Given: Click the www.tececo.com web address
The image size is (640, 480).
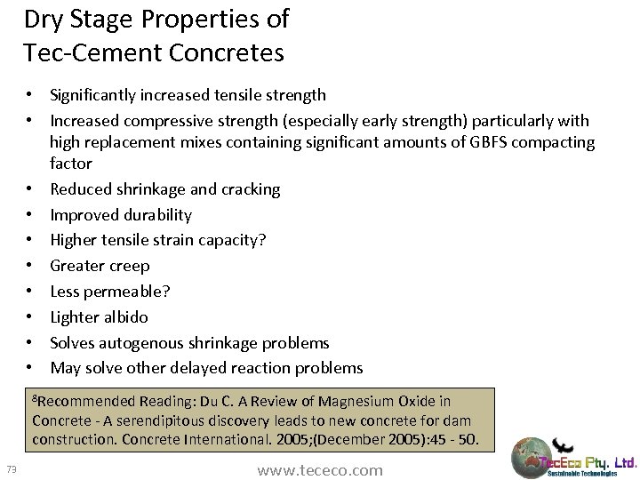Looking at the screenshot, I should pos(320,470).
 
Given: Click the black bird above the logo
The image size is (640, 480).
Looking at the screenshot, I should pos(562,444).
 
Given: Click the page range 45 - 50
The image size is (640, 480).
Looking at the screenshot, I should pos(454,439).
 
